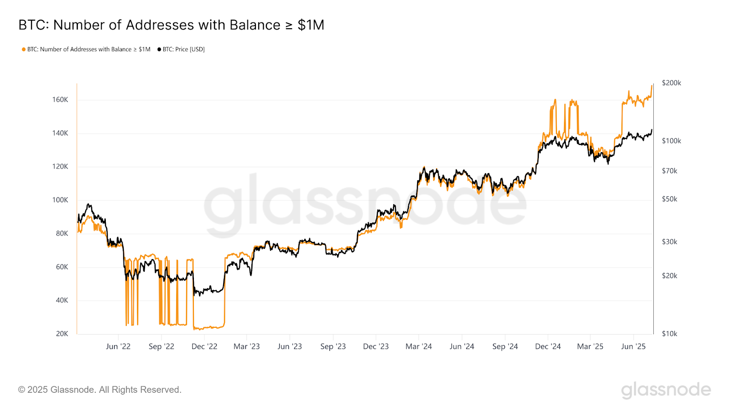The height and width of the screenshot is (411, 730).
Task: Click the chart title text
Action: (x=171, y=25)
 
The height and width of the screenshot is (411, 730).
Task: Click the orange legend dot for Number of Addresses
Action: (x=24, y=49)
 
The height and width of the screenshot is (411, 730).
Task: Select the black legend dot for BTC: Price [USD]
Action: (x=159, y=49)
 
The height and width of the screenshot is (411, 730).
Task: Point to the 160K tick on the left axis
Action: (x=60, y=100)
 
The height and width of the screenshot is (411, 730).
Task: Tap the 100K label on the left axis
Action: (x=60, y=200)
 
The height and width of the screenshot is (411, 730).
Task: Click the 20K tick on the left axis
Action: (x=62, y=334)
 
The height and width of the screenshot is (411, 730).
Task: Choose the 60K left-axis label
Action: (x=62, y=267)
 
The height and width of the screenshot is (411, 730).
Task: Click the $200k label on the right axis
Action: (x=671, y=83)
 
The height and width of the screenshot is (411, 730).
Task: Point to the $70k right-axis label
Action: (x=669, y=171)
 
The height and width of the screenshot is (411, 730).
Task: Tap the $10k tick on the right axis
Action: (x=669, y=334)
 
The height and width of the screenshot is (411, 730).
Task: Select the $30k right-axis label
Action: (x=669, y=242)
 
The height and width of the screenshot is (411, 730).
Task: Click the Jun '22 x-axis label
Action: (x=118, y=347)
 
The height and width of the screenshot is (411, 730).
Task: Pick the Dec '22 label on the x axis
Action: (x=204, y=347)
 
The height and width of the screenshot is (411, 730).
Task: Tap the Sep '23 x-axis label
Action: (x=333, y=347)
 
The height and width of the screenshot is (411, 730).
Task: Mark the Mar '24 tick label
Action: (x=419, y=347)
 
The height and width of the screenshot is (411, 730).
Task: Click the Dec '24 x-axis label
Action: (x=548, y=347)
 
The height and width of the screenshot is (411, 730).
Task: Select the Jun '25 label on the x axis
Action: (x=633, y=347)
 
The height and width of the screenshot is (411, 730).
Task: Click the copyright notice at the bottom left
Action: (x=100, y=390)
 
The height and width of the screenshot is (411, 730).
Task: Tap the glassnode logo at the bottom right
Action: (x=666, y=390)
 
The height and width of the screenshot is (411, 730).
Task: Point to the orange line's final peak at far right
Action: (x=652, y=86)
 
